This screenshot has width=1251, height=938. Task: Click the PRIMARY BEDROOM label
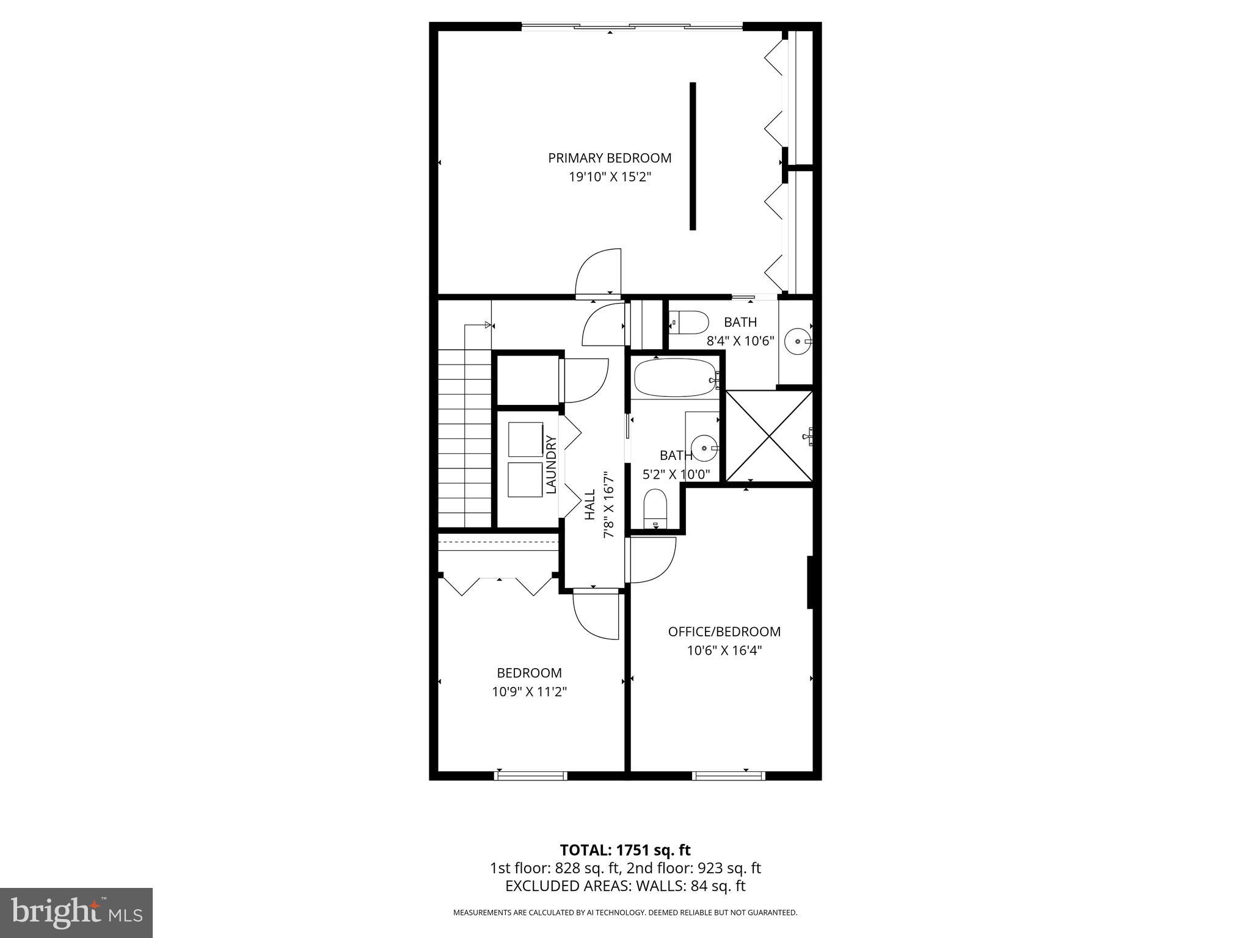[x=610, y=158]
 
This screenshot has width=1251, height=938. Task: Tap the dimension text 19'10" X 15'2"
[x=610, y=177]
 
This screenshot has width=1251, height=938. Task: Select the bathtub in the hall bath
[x=674, y=378]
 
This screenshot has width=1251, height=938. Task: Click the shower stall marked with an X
[x=768, y=436]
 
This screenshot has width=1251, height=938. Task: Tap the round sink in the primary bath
[x=797, y=341]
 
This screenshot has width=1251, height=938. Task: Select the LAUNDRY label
[x=551, y=464]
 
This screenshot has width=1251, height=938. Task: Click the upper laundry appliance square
[x=525, y=439]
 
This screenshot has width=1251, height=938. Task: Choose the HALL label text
[x=589, y=504]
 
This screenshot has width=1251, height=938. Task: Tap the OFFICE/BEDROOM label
[x=724, y=631]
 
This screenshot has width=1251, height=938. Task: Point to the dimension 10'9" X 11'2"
[x=530, y=692]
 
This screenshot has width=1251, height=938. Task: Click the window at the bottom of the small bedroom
[x=530, y=776]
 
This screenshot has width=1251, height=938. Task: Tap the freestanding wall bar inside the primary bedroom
[x=693, y=156]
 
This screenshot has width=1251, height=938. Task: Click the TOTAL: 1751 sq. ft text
[x=625, y=849]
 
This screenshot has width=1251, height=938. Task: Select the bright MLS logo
[x=76, y=912]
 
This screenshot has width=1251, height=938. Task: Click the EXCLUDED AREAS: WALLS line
[x=625, y=885]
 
